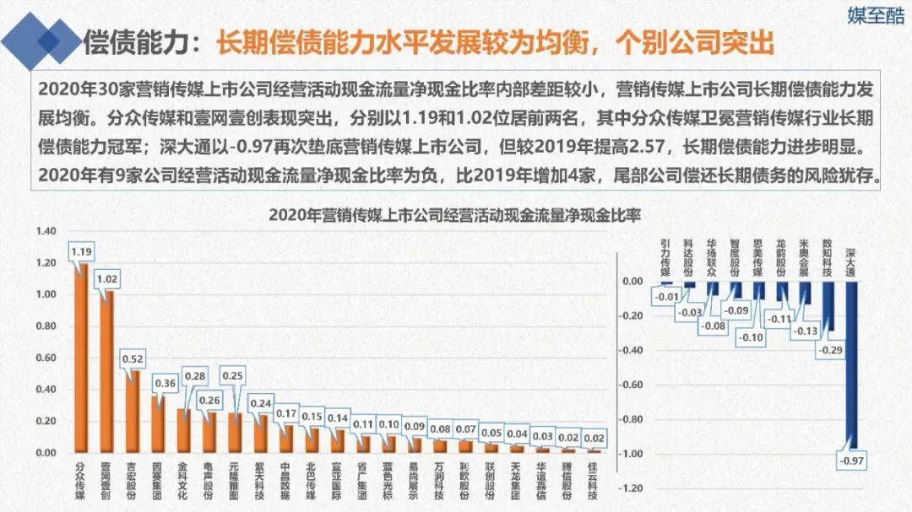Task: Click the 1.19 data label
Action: click(x=81, y=252)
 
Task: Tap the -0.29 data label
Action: click(x=831, y=348)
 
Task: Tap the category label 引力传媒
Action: click(x=666, y=256)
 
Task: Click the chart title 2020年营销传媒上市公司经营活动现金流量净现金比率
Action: click(x=455, y=214)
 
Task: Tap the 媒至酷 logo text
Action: click(x=876, y=16)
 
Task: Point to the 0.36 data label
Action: click(x=166, y=384)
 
